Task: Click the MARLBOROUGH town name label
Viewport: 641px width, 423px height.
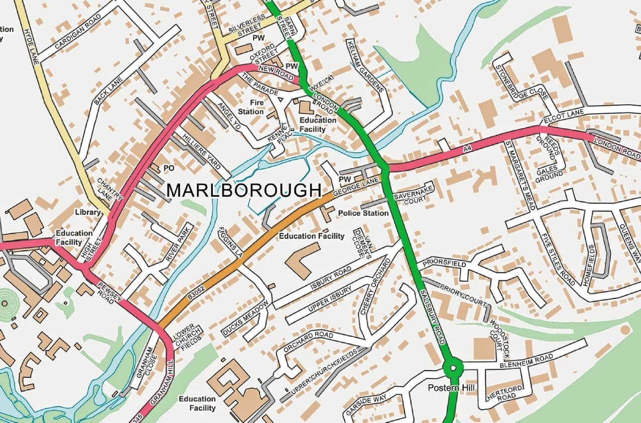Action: [244, 190]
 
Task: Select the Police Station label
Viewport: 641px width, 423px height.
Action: [363, 213]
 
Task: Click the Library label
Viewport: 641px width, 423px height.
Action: [88, 213]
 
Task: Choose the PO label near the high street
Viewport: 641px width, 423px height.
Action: [169, 168]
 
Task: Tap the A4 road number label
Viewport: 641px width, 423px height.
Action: [468, 149]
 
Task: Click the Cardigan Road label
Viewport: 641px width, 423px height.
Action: [78, 31]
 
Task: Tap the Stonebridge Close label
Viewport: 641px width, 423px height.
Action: [521, 82]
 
